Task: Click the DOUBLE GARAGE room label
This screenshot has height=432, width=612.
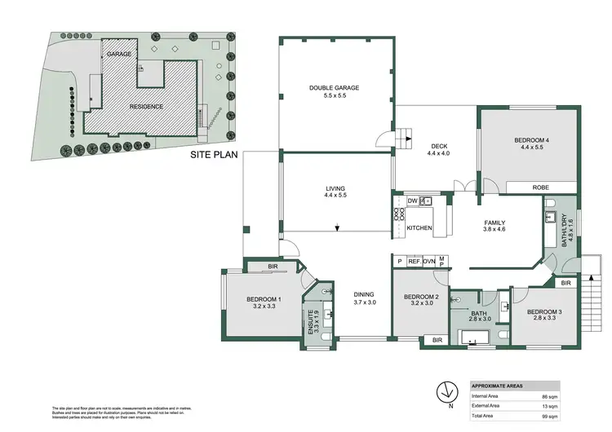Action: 334,88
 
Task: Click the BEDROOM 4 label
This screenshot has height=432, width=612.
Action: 530,141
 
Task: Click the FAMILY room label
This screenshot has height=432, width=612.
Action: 495,223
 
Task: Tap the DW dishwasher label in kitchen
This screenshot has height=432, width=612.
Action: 412,200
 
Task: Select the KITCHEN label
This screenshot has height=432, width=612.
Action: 419,228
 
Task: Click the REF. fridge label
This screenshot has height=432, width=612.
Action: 414,261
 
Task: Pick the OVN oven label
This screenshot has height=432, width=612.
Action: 428,261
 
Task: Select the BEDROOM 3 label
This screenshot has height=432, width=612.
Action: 543,313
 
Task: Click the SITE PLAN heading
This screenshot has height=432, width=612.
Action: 214,153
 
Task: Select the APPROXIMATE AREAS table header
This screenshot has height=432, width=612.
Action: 498,386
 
